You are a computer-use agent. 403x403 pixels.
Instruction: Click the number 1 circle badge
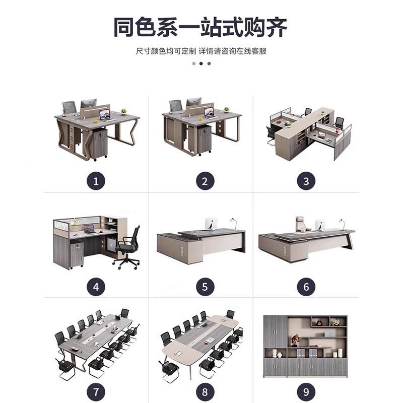point(96,181)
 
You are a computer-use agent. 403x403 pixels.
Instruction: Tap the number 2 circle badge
point(205,181)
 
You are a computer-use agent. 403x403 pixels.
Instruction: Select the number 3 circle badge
point(306,181)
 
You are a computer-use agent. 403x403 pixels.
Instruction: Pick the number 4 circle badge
point(96,287)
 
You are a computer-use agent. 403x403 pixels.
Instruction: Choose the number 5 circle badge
point(205,287)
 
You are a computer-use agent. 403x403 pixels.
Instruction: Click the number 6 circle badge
point(306,287)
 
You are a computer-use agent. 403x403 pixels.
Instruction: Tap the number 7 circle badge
point(96,390)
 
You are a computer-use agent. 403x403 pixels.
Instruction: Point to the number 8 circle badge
point(205,390)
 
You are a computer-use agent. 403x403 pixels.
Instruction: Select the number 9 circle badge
point(306,390)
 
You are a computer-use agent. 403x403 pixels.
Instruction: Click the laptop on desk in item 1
point(105,115)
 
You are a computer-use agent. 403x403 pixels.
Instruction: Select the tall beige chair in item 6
point(301,223)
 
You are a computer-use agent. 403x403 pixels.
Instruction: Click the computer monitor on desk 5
point(210,225)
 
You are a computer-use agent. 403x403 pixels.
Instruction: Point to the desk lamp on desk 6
point(342,224)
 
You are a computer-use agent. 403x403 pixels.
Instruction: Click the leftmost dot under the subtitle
point(193,63)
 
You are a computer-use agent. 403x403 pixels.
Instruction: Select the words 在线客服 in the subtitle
point(253,51)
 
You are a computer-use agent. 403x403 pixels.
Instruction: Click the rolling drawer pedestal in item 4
point(76,255)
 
